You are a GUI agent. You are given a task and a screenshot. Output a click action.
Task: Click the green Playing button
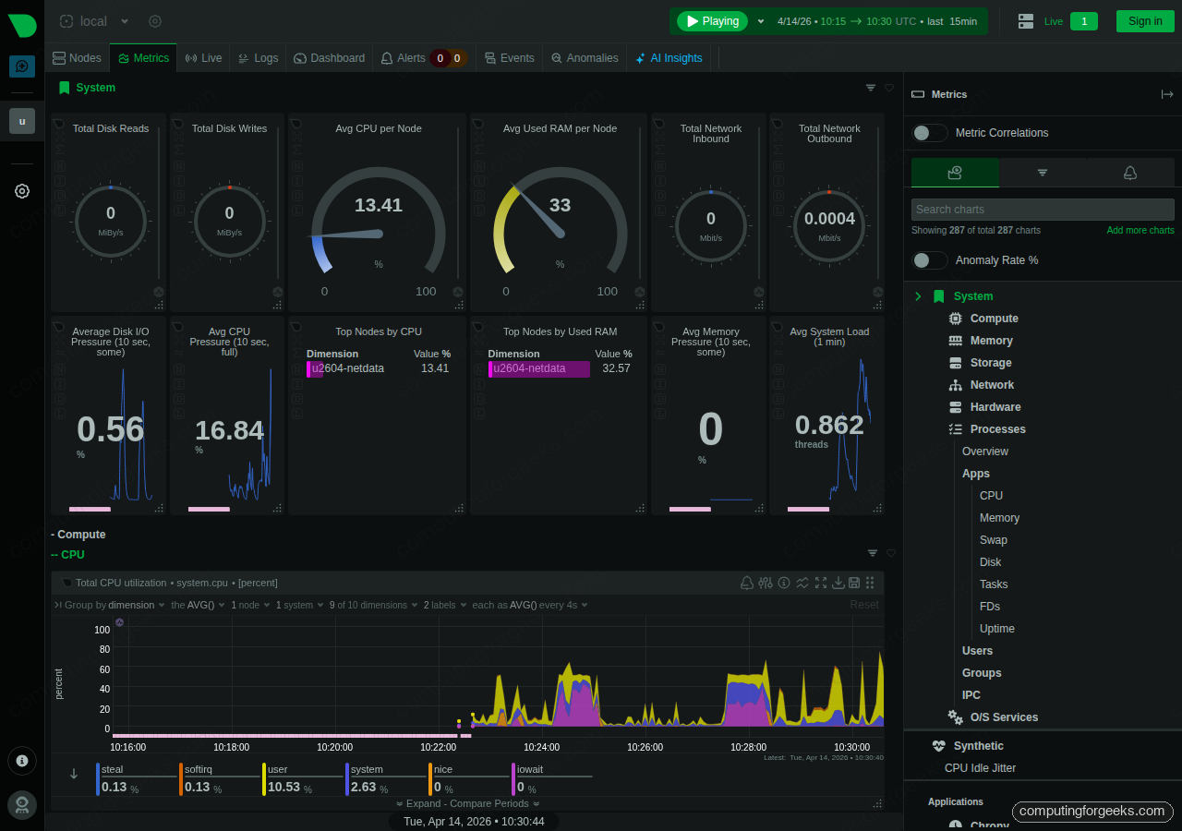click(711, 21)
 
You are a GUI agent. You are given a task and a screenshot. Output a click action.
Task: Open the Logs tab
click(258, 58)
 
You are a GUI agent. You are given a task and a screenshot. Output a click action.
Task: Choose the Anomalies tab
click(585, 58)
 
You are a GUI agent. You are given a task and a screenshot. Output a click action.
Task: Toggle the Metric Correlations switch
click(930, 133)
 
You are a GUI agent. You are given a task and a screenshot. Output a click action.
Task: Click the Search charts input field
click(1042, 210)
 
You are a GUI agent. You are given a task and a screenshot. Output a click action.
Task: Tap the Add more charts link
click(1140, 231)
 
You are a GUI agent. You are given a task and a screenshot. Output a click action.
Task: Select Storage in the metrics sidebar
click(990, 363)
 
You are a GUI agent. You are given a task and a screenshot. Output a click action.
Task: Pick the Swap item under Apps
click(993, 540)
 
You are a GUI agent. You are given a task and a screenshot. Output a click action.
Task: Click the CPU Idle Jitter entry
click(980, 768)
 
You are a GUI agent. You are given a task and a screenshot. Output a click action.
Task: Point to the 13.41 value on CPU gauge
click(379, 205)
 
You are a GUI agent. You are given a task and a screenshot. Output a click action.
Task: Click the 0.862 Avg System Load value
click(829, 425)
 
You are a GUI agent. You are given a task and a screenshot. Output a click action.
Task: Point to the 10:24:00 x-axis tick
click(541, 747)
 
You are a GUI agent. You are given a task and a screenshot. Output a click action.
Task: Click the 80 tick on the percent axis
click(104, 650)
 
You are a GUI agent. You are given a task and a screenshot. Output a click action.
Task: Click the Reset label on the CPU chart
click(864, 605)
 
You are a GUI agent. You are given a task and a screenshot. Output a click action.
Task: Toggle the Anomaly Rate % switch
click(930, 260)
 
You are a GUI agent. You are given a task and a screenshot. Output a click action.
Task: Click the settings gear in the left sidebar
click(22, 191)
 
